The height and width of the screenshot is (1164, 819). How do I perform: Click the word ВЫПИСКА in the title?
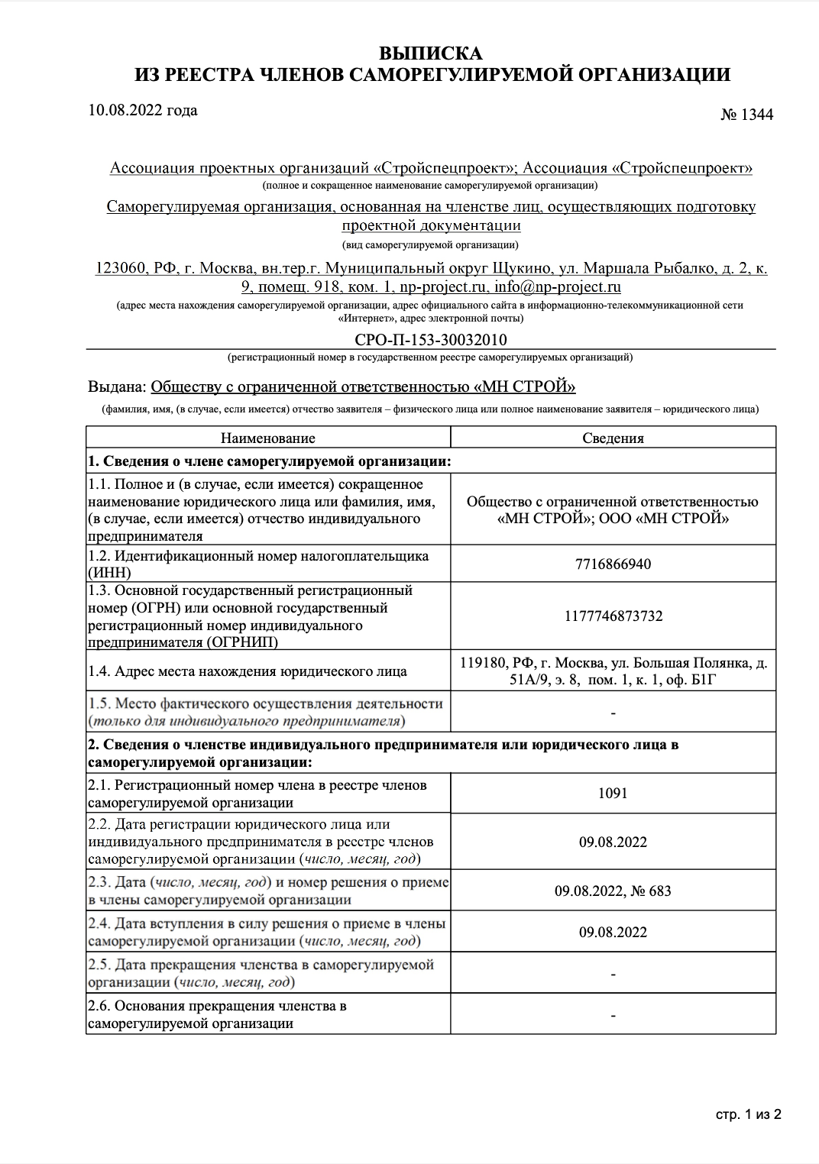point(431,53)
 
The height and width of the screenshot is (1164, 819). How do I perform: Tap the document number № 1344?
point(746,115)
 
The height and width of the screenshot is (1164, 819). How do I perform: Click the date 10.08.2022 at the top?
point(142,110)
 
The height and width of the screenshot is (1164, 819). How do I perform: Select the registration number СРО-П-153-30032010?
point(431,339)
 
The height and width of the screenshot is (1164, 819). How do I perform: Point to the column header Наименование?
point(268,438)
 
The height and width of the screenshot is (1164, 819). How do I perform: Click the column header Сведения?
point(613,438)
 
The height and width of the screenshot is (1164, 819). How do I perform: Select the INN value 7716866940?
point(613,564)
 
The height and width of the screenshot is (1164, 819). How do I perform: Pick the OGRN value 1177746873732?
point(613,616)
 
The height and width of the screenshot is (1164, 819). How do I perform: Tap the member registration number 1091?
point(613,793)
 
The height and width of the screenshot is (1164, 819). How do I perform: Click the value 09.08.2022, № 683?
point(613,891)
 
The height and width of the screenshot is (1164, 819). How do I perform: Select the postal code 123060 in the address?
point(120,268)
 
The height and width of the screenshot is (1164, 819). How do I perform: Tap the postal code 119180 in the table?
point(482,663)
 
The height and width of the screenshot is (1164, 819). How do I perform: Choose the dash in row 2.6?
point(613,1015)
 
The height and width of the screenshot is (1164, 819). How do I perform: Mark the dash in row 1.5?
point(613,713)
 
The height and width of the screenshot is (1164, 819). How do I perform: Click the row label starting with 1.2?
point(258,564)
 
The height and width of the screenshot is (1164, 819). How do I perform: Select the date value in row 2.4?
point(613,932)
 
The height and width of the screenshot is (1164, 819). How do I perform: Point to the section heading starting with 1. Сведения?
point(270,461)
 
